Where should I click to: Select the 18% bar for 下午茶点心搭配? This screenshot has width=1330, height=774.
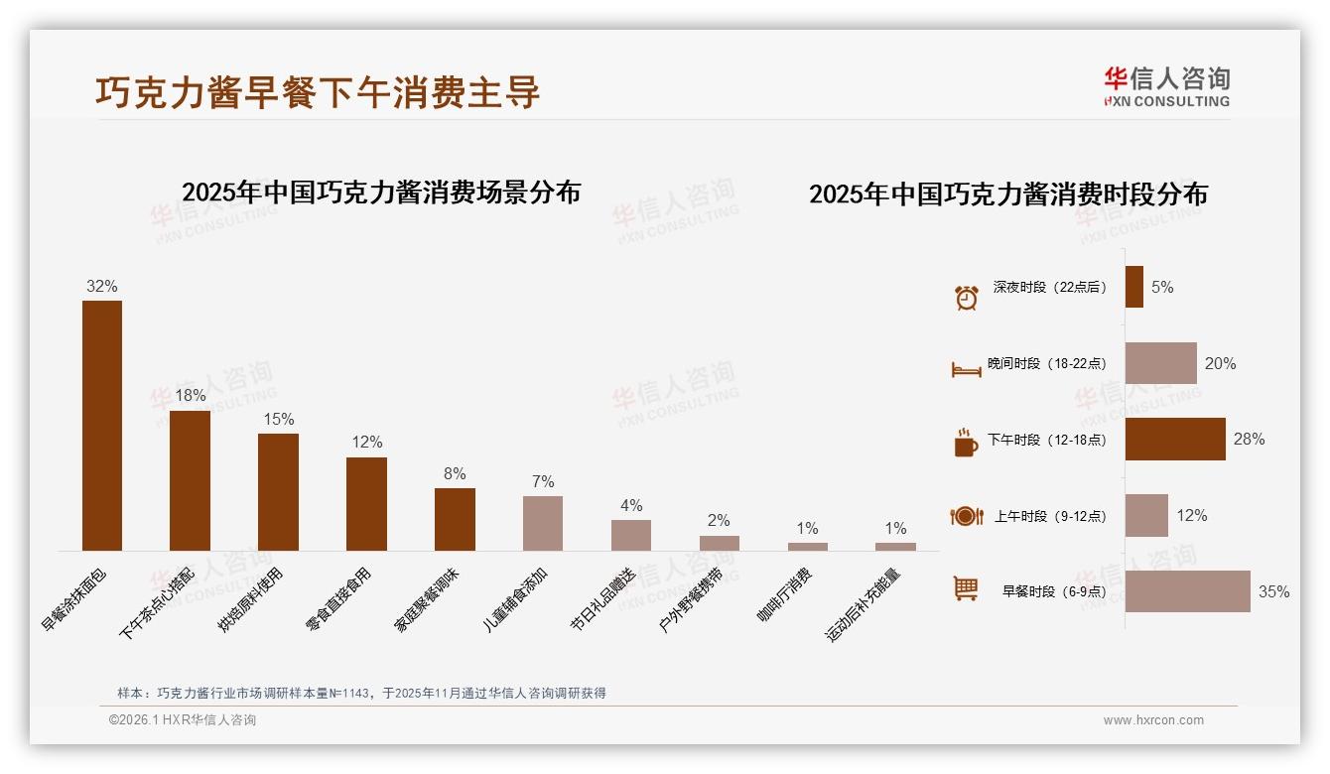190,480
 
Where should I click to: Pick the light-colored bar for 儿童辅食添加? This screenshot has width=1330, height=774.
543,523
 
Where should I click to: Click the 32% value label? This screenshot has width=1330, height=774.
101,286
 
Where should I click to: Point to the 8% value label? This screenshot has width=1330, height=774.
455,473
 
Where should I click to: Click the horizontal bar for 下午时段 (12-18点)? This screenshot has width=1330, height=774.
1175,439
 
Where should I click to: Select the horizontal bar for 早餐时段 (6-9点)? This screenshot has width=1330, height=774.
1187,591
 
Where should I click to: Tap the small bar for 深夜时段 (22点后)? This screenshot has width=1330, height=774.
1133,287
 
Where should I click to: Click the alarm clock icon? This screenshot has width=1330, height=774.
966,297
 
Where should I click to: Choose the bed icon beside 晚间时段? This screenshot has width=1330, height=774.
966,369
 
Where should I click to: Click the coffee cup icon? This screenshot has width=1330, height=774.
966,444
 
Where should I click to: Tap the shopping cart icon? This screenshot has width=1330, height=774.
966,588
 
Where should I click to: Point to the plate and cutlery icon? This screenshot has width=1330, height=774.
966,516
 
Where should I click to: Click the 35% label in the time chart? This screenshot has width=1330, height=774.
1273,591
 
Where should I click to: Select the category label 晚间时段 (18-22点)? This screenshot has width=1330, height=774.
1046,363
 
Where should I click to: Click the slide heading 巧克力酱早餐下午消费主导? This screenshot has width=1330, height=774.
318,91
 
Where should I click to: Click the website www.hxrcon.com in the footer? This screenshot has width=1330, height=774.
1153,720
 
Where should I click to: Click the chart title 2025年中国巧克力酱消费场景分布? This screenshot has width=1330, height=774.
381,192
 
